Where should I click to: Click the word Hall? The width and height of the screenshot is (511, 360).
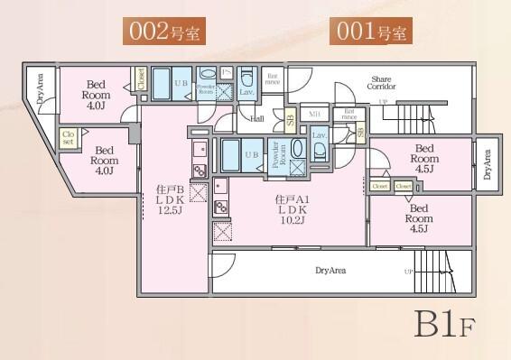[257, 118]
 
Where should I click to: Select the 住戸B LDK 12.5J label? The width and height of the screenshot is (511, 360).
[169, 199]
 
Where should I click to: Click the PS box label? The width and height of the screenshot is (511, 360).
[227, 72]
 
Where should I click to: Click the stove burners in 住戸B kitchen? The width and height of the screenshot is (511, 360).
[200, 169]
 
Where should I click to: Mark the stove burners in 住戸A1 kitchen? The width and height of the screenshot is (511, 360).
[220, 208]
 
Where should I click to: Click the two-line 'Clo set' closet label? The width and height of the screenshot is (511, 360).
[67, 137]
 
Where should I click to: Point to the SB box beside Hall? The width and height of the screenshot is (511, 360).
[290, 117]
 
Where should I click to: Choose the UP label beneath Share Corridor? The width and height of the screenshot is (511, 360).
[384, 102]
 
